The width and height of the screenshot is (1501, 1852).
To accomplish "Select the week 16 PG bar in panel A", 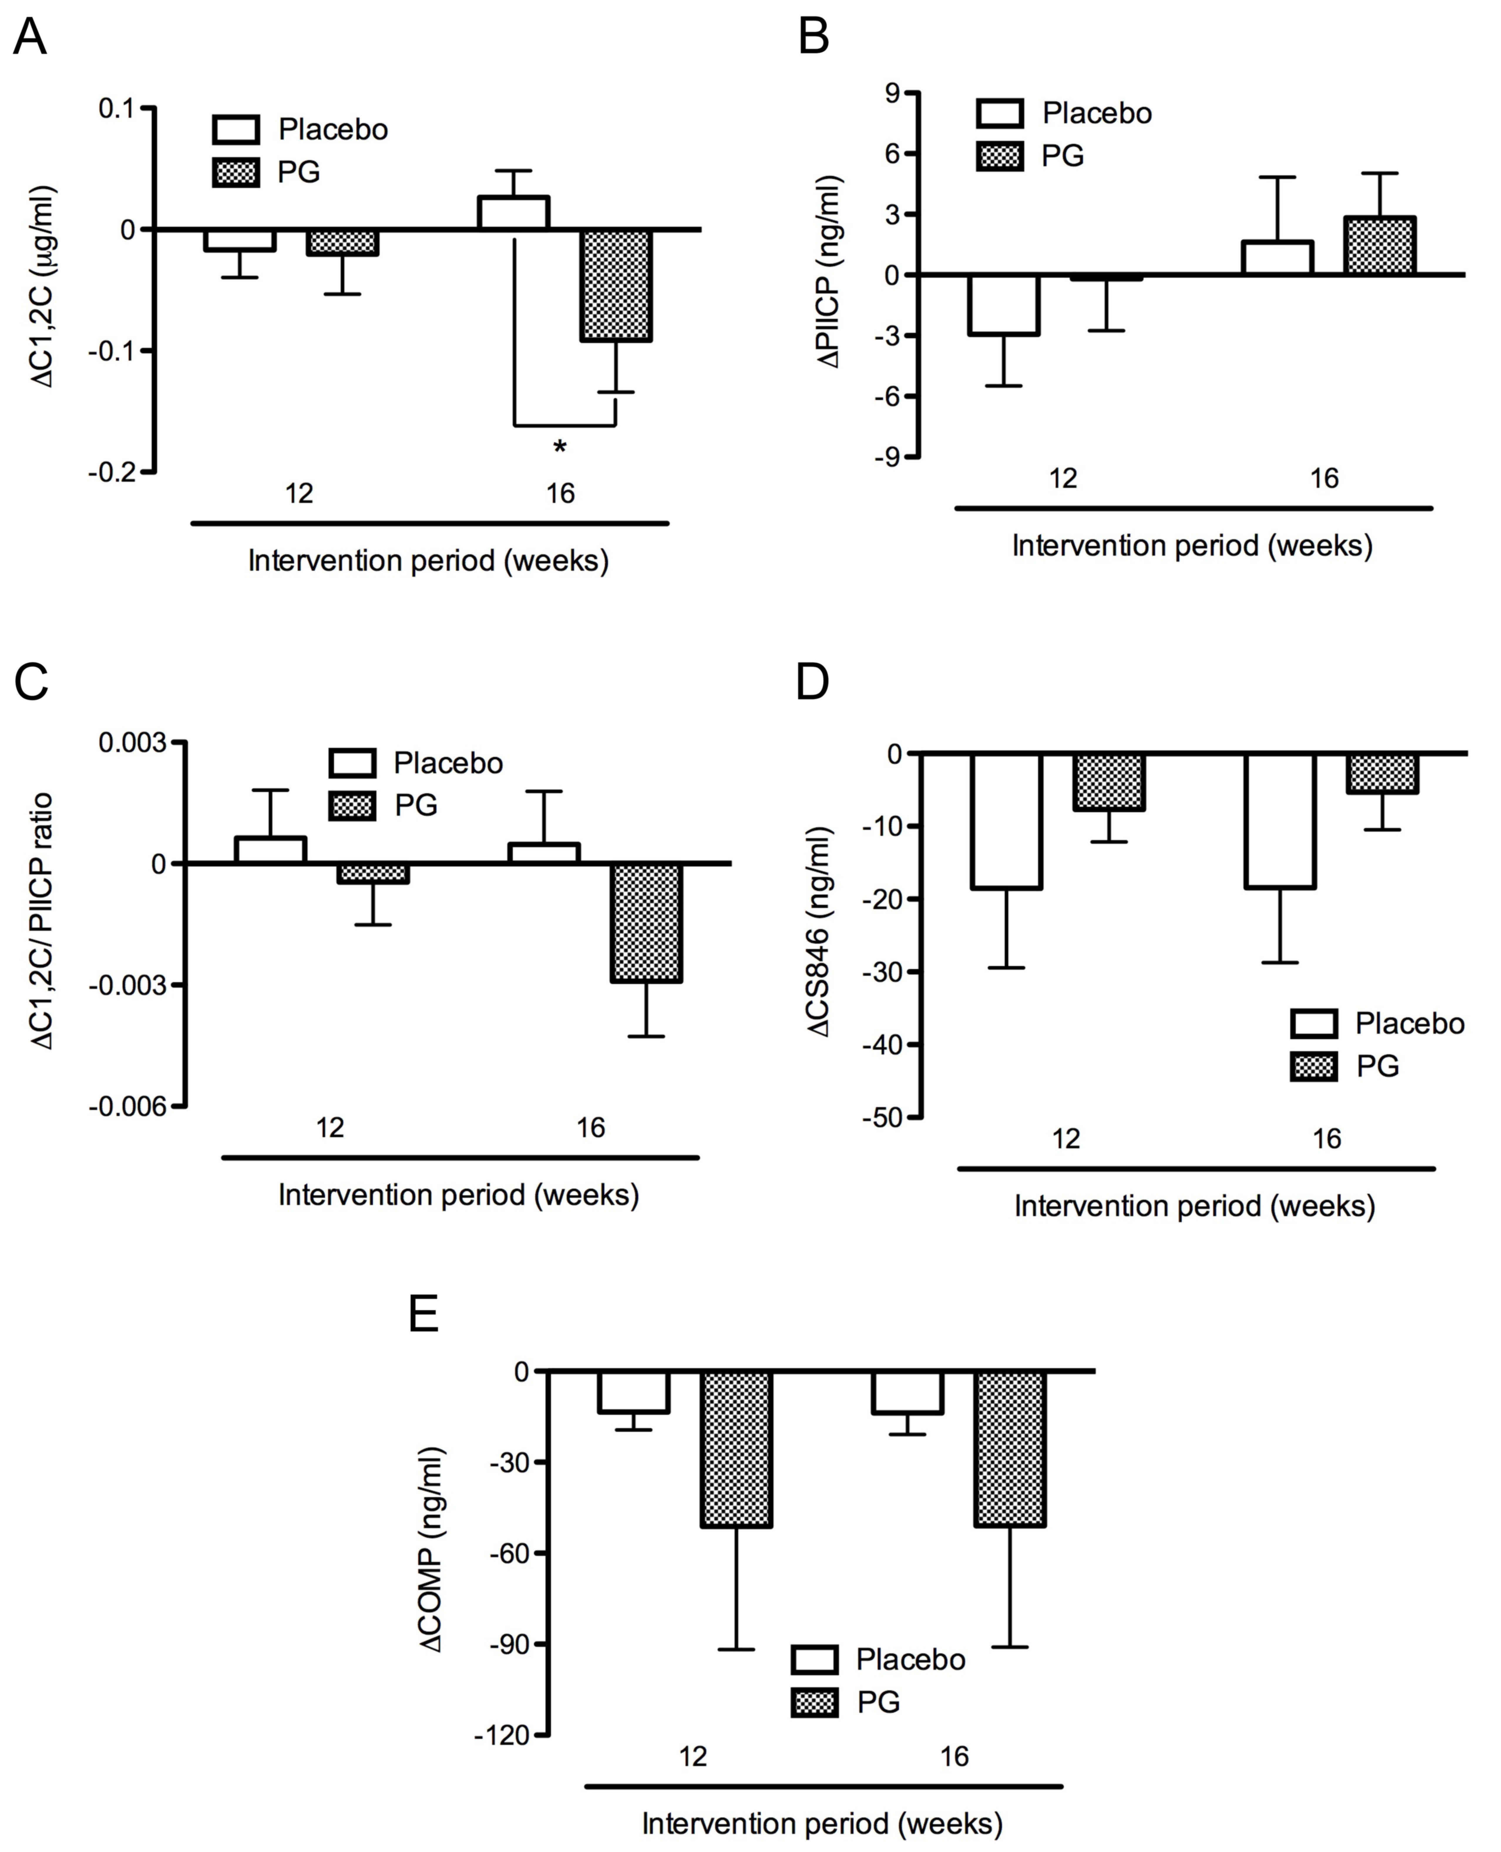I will pyautogui.click(x=616, y=285).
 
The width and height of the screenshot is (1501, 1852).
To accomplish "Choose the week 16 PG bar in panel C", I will pyautogui.click(x=647, y=923).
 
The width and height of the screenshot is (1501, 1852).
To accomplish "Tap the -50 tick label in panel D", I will pyautogui.click(x=882, y=1118).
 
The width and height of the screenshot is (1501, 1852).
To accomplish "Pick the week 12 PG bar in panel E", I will pyautogui.click(x=736, y=1448).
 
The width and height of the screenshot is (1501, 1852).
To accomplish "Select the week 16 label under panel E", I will pyautogui.click(x=954, y=1757).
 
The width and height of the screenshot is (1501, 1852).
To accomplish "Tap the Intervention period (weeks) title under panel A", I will pyautogui.click(x=429, y=561).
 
